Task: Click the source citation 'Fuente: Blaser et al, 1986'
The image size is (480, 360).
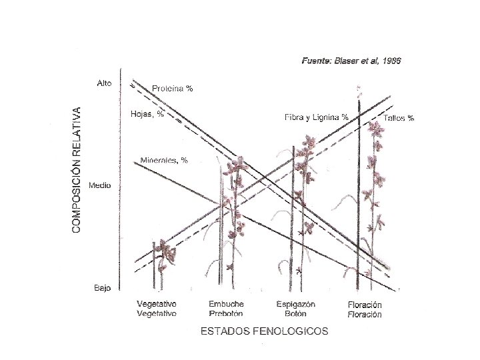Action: (351, 61)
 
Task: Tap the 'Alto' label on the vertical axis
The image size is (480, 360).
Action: (104, 83)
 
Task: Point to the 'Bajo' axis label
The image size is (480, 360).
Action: (102, 288)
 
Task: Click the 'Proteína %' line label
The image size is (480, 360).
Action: (172, 89)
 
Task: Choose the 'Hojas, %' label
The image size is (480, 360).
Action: (147, 114)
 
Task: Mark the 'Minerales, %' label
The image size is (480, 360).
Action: (164, 161)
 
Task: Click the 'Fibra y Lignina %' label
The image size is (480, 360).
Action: (317, 117)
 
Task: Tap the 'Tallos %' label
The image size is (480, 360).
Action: (399, 118)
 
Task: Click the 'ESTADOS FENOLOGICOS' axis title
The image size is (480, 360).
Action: (265, 331)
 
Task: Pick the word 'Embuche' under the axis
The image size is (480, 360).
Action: (227, 304)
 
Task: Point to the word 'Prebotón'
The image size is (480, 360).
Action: (226, 313)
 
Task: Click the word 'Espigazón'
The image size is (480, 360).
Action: (296, 304)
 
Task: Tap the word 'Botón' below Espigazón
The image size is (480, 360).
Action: (295, 313)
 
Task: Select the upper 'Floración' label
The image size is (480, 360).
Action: (365, 305)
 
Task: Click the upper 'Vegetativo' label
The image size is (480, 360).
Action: (157, 304)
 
